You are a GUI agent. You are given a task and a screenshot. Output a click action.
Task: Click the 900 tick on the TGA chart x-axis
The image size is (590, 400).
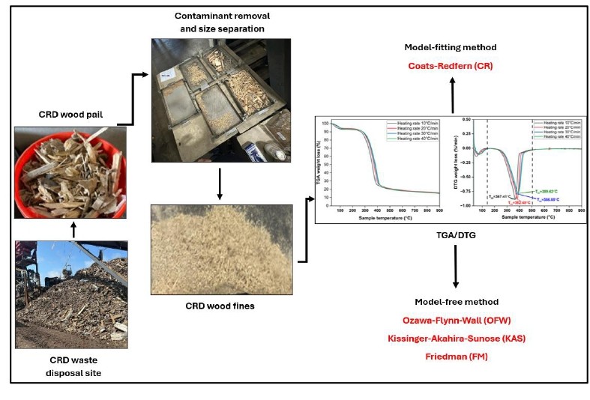(437, 210)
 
